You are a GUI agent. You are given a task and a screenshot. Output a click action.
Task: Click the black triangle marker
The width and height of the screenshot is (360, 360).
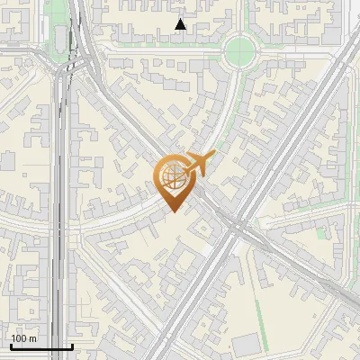click(181, 24)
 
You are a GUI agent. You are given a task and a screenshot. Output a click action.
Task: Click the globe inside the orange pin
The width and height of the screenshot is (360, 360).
click(171, 176)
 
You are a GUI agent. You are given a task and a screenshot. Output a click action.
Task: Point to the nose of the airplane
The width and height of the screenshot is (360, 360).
click(213, 156)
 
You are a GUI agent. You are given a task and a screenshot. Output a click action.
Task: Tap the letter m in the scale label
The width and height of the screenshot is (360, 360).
click(33, 338)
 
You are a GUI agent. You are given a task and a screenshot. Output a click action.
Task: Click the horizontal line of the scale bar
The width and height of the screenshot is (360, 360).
click(41, 346)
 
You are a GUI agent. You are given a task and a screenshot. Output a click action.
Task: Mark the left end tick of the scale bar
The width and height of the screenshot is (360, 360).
click(11, 345)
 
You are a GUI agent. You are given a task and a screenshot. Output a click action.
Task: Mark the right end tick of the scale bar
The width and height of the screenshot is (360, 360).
click(72, 345)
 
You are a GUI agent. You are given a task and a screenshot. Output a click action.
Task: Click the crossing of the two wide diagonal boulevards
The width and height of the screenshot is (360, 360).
click(232, 221)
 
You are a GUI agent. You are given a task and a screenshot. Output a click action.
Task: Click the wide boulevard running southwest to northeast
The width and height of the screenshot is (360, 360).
click(288, 135)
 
